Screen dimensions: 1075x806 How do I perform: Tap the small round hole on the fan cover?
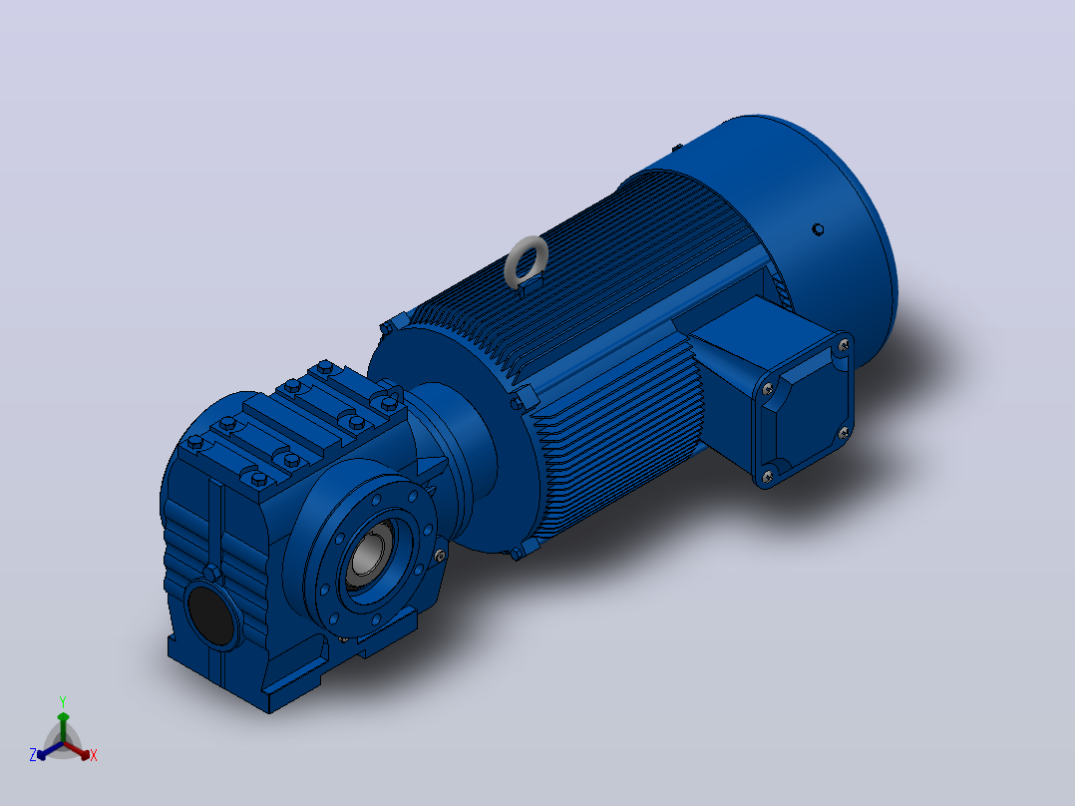coord(818,229)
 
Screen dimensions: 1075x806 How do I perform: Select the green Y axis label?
coord(63,701)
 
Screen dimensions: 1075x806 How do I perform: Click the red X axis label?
coord(94,755)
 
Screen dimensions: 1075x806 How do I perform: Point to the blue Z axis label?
coord(33,755)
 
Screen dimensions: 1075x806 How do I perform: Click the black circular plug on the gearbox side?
coord(213,613)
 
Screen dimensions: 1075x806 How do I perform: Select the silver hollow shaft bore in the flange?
coord(371,555)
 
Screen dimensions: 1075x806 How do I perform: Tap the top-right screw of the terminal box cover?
coord(844,346)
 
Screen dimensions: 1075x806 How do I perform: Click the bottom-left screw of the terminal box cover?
coord(767,475)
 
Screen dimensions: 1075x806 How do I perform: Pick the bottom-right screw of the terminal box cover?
coord(844,432)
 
